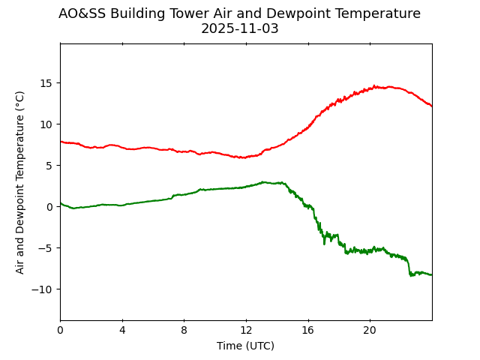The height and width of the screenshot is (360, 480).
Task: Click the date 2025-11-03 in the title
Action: [239, 28]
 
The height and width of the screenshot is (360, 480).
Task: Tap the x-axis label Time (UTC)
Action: [245, 346]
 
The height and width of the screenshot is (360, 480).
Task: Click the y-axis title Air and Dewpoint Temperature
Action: [20, 181]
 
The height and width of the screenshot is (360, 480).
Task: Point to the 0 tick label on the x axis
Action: [60, 330]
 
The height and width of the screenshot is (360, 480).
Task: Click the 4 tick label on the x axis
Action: [122, 330]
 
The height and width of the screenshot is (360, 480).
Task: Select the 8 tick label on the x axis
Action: [184, 330]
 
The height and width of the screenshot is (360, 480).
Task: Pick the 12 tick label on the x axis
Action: [246, 330]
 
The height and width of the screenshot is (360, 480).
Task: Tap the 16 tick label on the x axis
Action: [307, 330]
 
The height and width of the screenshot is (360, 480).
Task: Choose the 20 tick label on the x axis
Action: [370, 330]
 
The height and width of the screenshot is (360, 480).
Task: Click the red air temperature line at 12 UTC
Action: [246, 157]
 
